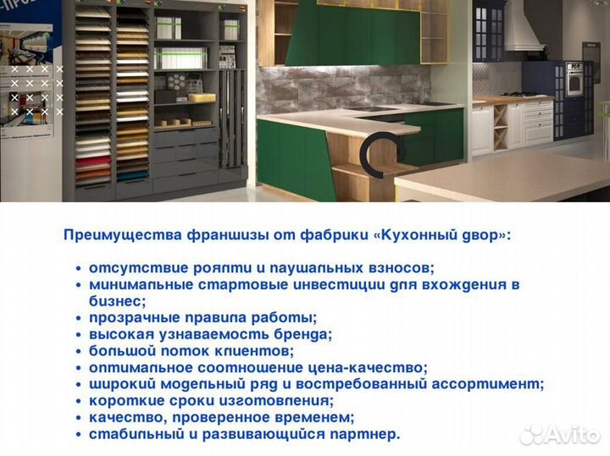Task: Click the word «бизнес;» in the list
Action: point(118,300)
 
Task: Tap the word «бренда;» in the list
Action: point(304,334)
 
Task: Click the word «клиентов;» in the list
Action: point(259,350)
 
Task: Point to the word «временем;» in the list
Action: point(318,417)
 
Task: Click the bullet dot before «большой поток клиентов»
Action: point(79,351)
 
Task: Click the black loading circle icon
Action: point(373,152)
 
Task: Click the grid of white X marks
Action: point(36,90)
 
